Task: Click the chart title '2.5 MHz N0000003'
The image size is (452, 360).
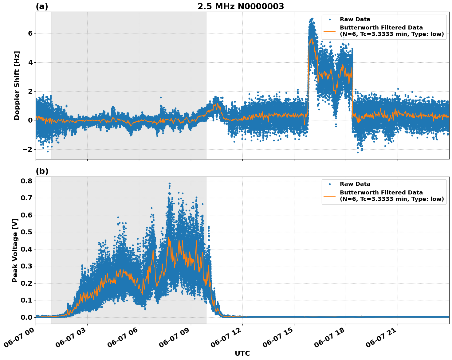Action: (241, 6)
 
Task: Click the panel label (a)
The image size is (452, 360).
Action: (42, 6)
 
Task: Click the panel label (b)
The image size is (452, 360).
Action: (42, 171)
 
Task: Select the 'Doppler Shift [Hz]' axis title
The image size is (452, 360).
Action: (17, 85)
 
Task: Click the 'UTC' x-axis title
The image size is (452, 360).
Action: (242, 353)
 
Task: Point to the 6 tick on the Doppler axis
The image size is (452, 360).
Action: (30, 33)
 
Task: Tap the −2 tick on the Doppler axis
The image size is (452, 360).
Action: (28, 149)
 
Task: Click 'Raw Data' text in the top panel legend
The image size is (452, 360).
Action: (355, 19)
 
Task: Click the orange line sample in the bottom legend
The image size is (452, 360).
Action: (329, 196)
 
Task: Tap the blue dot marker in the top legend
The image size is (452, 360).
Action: (330, 19)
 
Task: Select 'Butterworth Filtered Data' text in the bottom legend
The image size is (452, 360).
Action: (381, 193)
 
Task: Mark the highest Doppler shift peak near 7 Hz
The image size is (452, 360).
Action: (312, 19)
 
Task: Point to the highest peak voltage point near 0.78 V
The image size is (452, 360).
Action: (169, 183)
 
